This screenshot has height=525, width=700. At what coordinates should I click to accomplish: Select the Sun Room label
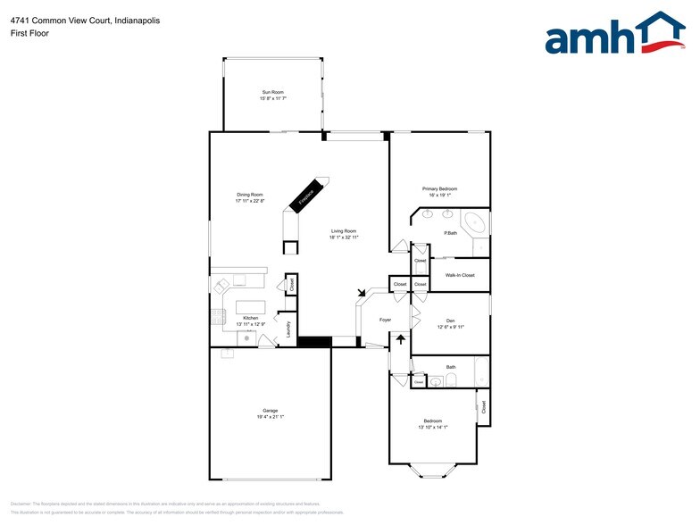(x=272, y=92)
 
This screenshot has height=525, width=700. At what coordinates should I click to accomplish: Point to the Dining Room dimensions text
(x=249, y=201)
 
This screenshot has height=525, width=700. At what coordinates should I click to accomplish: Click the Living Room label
(x=344, y=230)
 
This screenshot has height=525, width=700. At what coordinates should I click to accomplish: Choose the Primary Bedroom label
(x=440, y=188)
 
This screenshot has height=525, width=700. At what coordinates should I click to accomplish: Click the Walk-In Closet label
(x=460, y=275)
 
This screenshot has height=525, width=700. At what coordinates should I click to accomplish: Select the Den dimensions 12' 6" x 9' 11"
(x=451, y=327)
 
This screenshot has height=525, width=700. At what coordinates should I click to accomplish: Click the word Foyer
(x=386, y=319)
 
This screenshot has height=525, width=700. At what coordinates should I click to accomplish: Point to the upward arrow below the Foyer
(x=401, y=339)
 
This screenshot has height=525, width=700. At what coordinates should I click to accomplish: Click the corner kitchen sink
(x=220, y=287)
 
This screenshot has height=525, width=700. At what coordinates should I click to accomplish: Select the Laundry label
(x=288, y=329)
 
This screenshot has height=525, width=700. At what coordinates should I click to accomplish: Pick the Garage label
(x=271, y=411)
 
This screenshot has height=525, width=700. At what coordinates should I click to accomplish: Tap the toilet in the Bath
(x=452, y=382)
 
